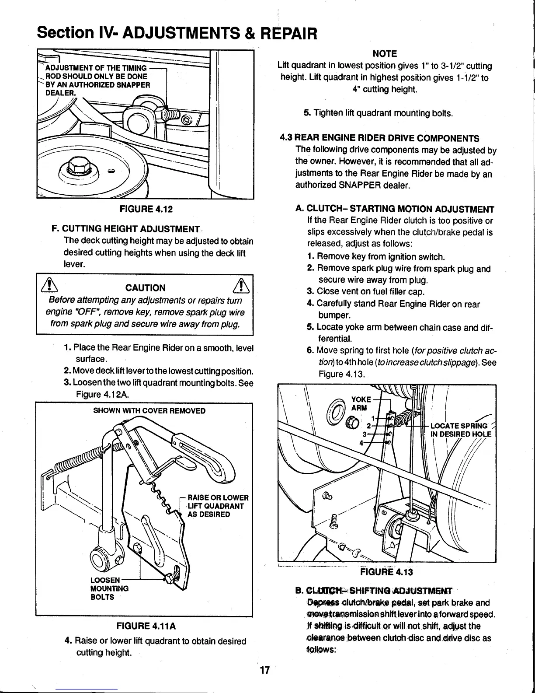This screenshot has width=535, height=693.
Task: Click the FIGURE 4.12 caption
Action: coord(146,209)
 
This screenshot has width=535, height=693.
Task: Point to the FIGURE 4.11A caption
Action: coord(146,626)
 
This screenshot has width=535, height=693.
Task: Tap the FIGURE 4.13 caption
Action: coord(386,573)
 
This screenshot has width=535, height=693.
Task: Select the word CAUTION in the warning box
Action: coord(145,288)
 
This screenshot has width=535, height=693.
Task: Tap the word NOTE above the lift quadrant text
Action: coord(385,54)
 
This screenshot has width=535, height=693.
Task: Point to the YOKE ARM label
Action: coord(361,403)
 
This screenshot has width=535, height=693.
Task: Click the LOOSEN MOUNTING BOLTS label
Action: coord(108,588)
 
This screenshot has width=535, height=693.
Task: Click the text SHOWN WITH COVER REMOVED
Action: coord(149,411)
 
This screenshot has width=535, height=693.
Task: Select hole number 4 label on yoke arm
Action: coord(361,442)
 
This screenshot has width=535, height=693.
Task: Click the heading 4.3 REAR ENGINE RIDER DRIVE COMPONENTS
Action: coord(379,138)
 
